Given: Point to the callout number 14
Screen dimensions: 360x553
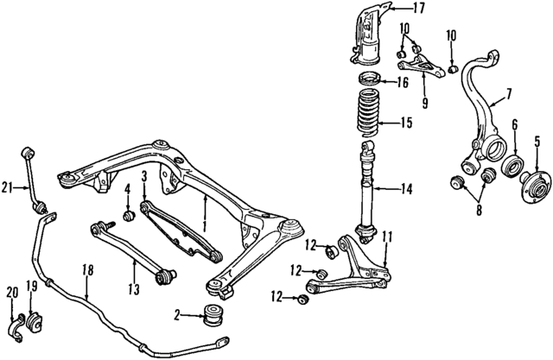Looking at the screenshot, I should click(x=407, y=187).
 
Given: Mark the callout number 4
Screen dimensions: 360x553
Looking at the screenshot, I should click(x=125, y=189).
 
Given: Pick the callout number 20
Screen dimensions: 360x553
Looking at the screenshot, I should click(x=10, y=291).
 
